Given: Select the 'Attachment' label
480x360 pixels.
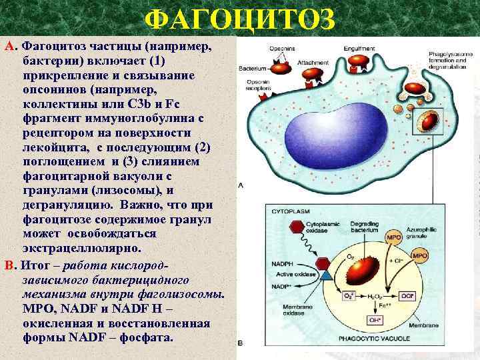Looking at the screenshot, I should (312, 63).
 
